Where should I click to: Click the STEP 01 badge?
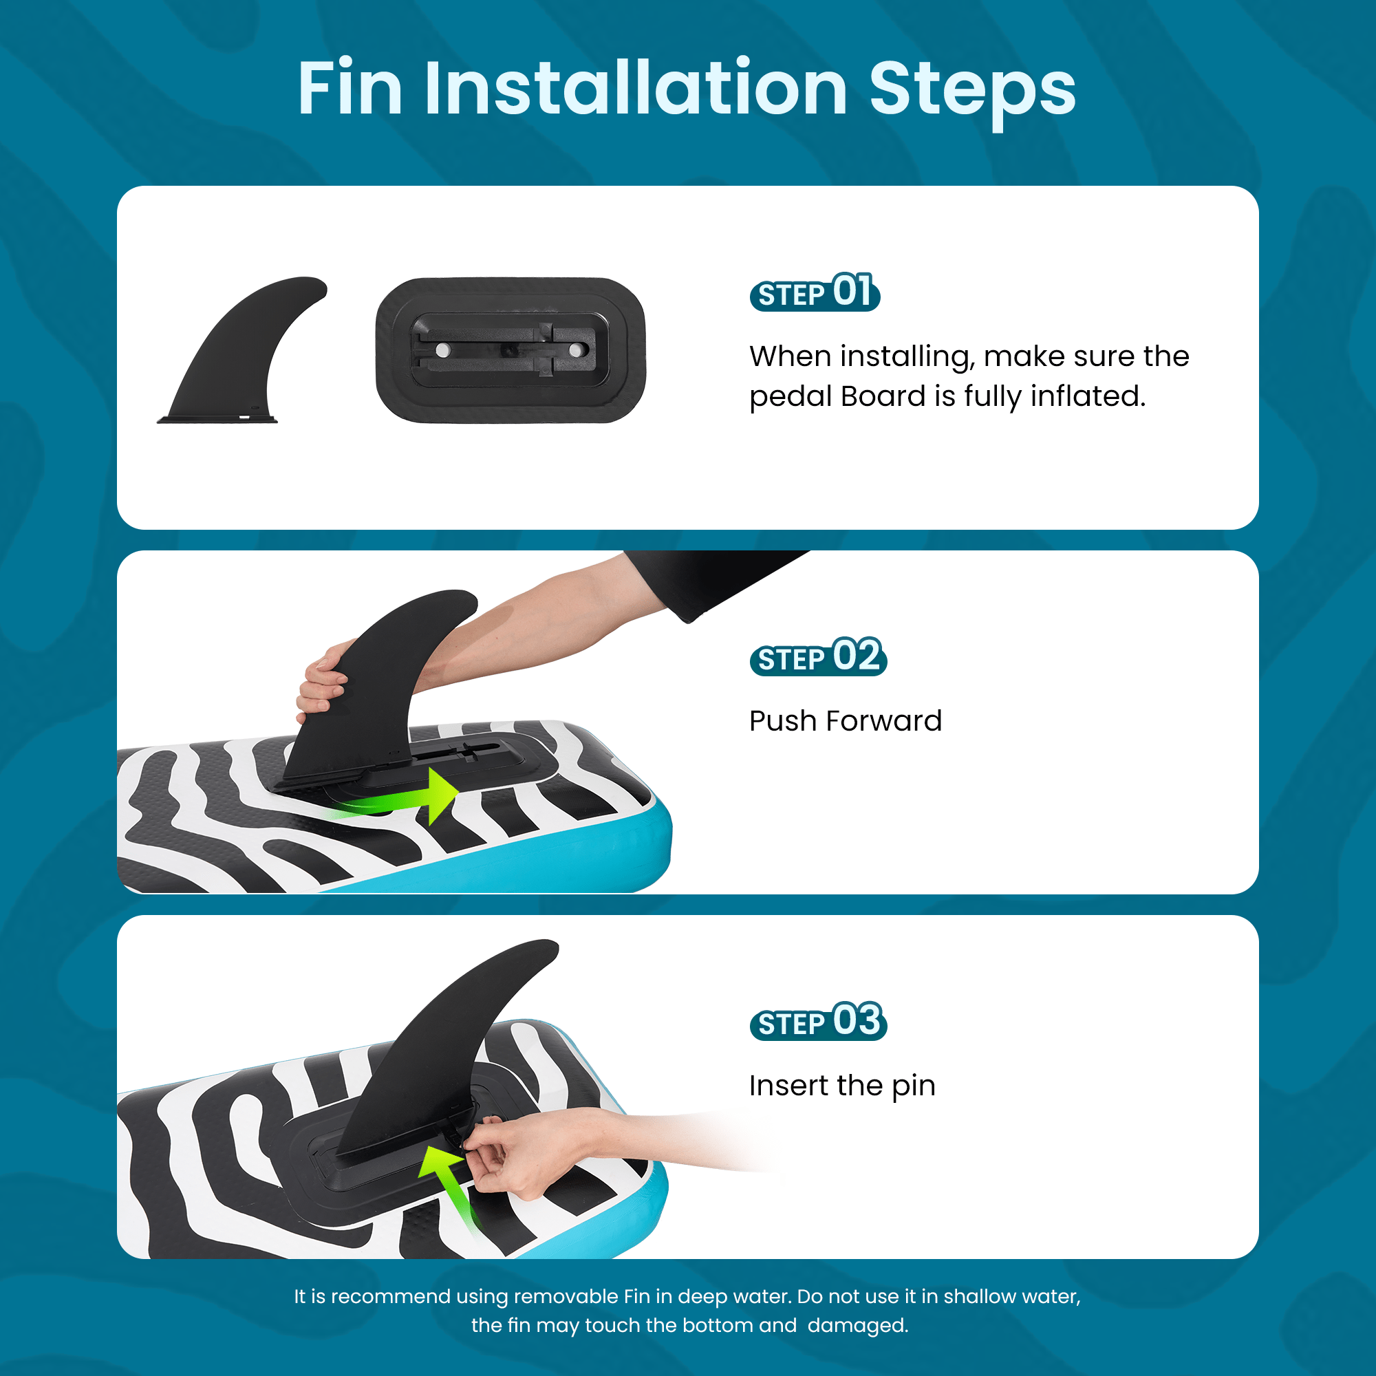click(x=815, y=292)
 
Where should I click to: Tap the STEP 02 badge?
click(x=818, y=656)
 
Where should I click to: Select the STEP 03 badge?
click(x=818, y=1021)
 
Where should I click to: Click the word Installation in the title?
click(x=635, y=88)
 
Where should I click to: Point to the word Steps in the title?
click(x=972, y=93)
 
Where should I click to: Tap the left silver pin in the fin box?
click(x=443, y=350)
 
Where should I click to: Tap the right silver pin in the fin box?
click(x=574, y=350)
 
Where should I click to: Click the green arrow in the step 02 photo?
click(x=399, y=799)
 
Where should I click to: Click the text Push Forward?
click(x=846, y=721)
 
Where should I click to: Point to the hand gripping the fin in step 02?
click(x=324, y=676)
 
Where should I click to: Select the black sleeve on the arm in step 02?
click(x=705, y=577)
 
